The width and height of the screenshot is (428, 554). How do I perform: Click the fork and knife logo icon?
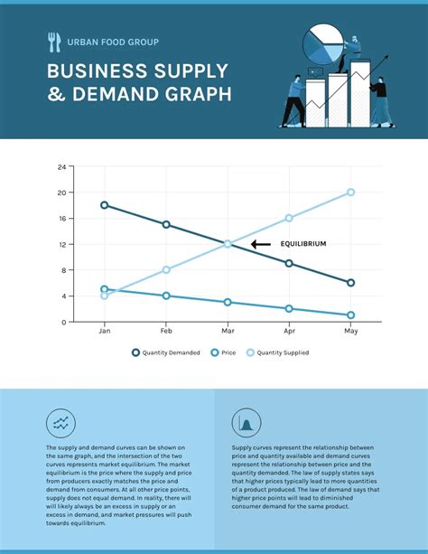tap(54, 42)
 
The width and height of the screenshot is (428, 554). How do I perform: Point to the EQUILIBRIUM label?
tap(302, 244)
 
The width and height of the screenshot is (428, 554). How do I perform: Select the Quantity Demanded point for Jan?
tap(105, 205)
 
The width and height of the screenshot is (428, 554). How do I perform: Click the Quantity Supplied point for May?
tap(350, 192)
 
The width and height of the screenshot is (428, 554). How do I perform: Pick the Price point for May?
tap(350, 315)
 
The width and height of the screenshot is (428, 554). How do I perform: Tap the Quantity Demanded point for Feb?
tap(166, 224)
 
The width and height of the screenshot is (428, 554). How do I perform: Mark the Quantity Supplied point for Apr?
tap(289, 218)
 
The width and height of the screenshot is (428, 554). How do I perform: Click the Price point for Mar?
tap(228, 302)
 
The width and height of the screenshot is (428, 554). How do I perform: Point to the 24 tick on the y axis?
tap(62, 167)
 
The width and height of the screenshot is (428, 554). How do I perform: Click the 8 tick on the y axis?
tap(64, 270)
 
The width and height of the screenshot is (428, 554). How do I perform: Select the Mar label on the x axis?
tap(228, 333)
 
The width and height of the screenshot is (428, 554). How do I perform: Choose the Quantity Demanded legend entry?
tap(166, 352)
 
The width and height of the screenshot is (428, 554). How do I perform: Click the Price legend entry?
tap(223, 352)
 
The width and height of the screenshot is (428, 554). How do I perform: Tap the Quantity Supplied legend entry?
tap(276, 352)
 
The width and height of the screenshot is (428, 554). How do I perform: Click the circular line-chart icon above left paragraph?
tap(60, 422)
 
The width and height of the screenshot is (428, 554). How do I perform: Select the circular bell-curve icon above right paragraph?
tap(246, 422)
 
